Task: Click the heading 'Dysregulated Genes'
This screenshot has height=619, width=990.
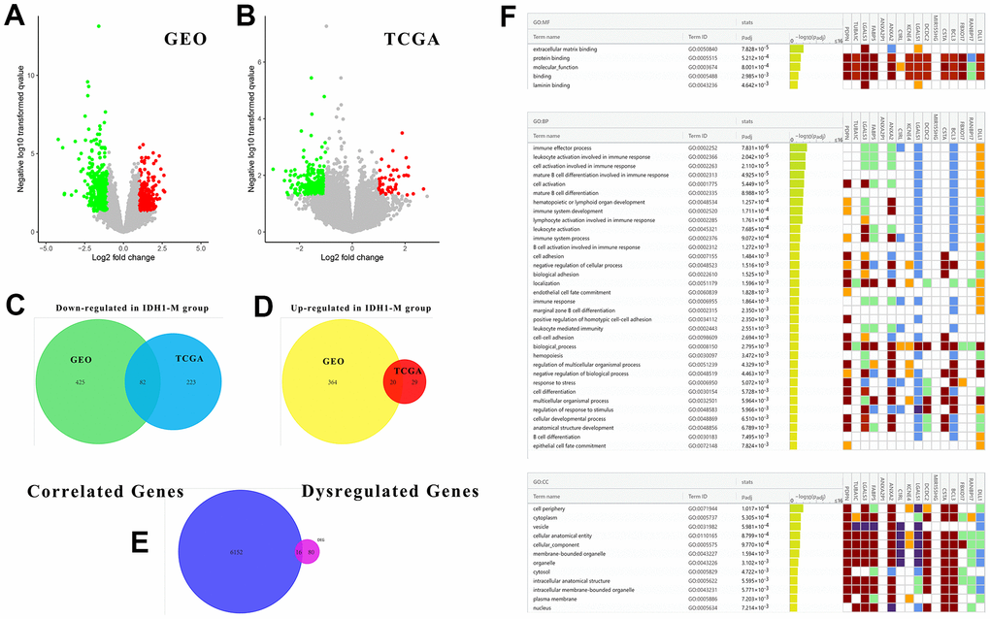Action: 390,492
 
